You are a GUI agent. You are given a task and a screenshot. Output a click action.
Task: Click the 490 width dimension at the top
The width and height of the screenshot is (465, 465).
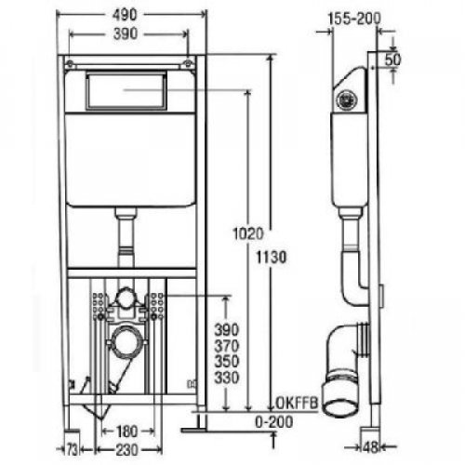[125, 15]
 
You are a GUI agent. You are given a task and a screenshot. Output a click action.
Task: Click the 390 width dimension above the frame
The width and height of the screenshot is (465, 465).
[126, 33]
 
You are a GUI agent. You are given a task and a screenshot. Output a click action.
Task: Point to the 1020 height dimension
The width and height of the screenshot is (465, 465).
[248, 233]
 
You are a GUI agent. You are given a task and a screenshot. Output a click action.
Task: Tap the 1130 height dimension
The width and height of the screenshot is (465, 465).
[272, 258]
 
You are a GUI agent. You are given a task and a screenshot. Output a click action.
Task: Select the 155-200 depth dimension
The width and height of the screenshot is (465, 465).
[354, 19]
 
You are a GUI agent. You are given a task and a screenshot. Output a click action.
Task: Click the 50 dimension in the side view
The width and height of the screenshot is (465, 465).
[392, 60]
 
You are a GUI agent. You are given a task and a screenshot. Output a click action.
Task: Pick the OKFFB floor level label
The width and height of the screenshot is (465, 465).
[297, 403]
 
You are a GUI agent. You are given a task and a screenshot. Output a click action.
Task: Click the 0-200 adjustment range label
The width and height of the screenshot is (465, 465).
[274, 422]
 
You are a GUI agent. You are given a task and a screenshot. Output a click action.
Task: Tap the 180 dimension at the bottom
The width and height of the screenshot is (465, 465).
[127, 432]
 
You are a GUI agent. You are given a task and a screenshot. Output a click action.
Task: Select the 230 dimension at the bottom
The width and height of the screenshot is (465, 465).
[126, 450]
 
